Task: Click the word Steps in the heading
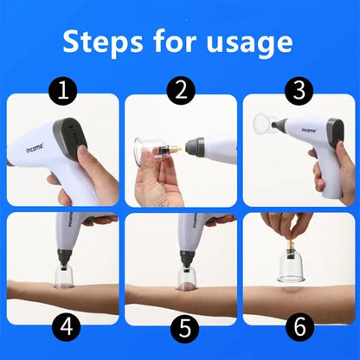(103, 42)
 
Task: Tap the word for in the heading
(175, 42)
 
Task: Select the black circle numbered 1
(63, 91)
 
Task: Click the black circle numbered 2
(181, 91)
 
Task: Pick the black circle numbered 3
(299, 91)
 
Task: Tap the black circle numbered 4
(67, 327)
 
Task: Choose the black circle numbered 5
(184, 329)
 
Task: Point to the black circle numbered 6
(300, 327)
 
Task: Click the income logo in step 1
(35, 148)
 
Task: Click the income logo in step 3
(309, 130)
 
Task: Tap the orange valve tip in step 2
(177, 150)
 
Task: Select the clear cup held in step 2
(149, 152)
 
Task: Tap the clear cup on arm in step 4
(63, 277)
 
